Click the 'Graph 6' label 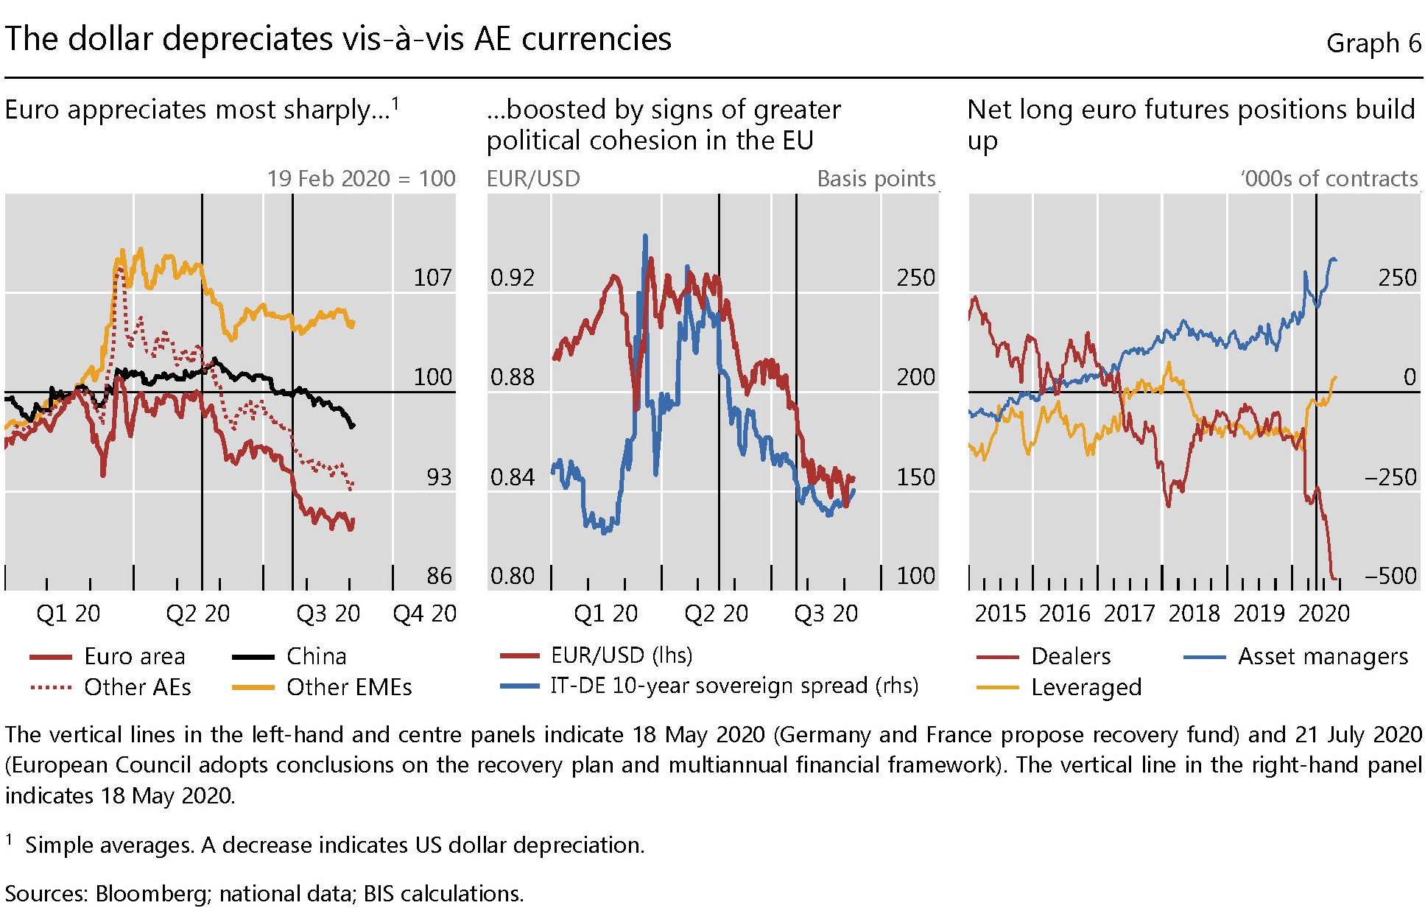tap(1373, 43)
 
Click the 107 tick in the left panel tap(432, 278)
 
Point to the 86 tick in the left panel tap(439, 576)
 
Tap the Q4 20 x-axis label tap(424, 613)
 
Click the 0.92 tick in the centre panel tap(512, 278)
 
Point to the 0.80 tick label tap(512, 576)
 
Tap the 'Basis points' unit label tap(876, 179)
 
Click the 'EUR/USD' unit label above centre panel tap(533, 179)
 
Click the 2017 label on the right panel tap(1129, 613)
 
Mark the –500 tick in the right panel tap(1390, 576)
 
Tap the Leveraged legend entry tap(1086, 687)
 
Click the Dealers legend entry tap(1070, 656)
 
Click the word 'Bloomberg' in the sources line tap(152, 894)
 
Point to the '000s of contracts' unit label tap(1329, 179)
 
